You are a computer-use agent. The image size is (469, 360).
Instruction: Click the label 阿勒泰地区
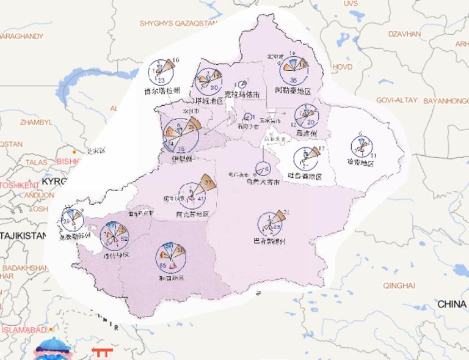tap(293, 91)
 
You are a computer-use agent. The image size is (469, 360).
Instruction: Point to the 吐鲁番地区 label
tap(304, 177)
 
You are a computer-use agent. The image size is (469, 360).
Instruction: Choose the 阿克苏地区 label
tap(192, 215)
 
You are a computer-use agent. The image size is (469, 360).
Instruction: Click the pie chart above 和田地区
tap(170, 258)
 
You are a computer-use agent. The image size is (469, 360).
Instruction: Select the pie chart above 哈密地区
tap(363, 147)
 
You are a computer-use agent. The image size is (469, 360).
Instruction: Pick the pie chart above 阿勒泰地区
tap(294, 69)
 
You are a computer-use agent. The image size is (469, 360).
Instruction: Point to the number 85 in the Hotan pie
tap(163, 266)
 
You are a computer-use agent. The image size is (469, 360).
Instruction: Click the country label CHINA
tap(452, 304)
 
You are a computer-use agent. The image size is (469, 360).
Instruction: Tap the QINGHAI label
tap(399, 285)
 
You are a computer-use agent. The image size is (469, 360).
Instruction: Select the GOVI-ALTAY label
tap(396, 100)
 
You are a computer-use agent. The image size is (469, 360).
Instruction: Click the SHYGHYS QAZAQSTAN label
tap(178, 23)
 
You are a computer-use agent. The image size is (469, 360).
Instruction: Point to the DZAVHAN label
tap(404, 34)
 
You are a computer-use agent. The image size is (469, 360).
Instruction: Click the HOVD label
tap(342, 67)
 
